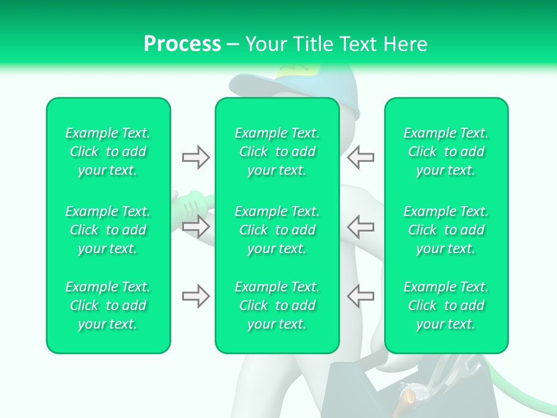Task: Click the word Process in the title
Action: [x=182, y=44]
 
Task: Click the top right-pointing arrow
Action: [x=196, y=157]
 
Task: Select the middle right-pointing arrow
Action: [x=196, y=226]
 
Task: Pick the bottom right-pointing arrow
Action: [x=196, y=296]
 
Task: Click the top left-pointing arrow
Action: [x=361, y=157]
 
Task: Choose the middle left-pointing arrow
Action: [x=361, y=226]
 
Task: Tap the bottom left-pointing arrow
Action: [x=361, y=296]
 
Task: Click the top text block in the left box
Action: [x=108, y=152]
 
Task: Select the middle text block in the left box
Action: [x=108, y=230]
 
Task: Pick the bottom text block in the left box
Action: [x=108, y=305]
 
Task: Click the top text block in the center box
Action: [x=277, y=152]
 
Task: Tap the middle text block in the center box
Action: [x=277, y=230]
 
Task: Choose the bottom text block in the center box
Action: [x=277, y=305]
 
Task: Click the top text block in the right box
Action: [x=446, y=152]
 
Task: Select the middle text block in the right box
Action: [x=446, y=230]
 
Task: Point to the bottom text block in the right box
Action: [x=446, y=305]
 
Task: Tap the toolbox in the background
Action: [x=371, y=389]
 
